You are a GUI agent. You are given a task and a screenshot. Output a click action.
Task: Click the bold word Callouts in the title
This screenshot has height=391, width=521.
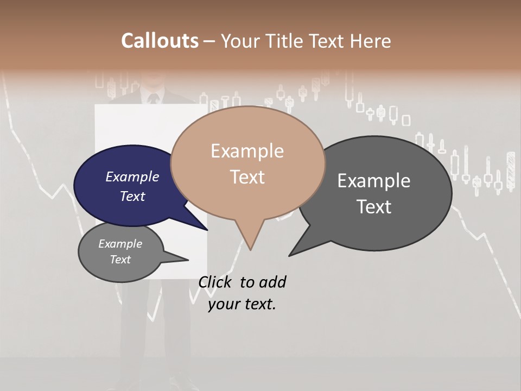160,41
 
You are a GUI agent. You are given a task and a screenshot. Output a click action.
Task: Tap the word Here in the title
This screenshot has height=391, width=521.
371,41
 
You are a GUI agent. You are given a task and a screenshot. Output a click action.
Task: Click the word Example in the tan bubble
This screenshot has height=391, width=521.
247,151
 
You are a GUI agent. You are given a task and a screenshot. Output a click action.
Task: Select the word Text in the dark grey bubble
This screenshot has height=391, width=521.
374,207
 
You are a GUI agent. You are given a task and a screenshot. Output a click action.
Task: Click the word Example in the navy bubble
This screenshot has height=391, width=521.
132,176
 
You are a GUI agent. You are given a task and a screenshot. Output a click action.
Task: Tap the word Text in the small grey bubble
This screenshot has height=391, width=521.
120,260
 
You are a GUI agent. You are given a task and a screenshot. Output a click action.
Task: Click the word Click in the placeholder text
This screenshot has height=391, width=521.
214,282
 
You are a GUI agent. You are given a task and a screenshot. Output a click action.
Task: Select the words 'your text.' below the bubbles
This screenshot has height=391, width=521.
242,304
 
